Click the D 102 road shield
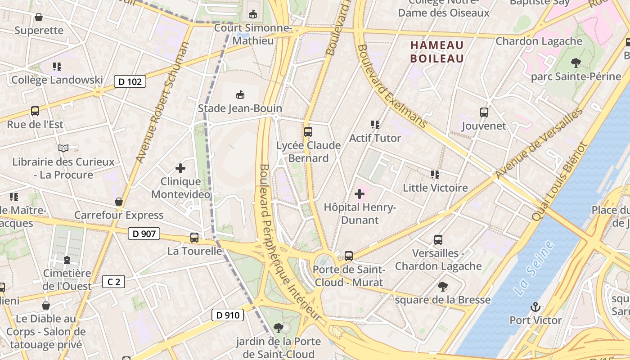pos(130,81)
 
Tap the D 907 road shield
pos(144,234)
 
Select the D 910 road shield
pos(228,315)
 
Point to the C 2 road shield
pos(113,282)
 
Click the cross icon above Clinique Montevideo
pos(180,168)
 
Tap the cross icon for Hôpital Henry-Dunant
pos(360,194)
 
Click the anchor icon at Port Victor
pos(535,307)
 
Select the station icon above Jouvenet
pos(484,112)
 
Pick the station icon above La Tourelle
pos(194,238)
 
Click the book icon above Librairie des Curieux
pos(63,148)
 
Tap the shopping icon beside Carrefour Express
pos(119,202)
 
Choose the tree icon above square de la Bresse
pos(443,286)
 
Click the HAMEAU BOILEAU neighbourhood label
pos(437,52)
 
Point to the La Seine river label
pos(535,268)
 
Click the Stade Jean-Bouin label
pos(240,108)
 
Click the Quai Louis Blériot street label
pos(559,181)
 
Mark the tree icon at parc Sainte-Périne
pos(576,63)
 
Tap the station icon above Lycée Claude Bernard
pos(308,132)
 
